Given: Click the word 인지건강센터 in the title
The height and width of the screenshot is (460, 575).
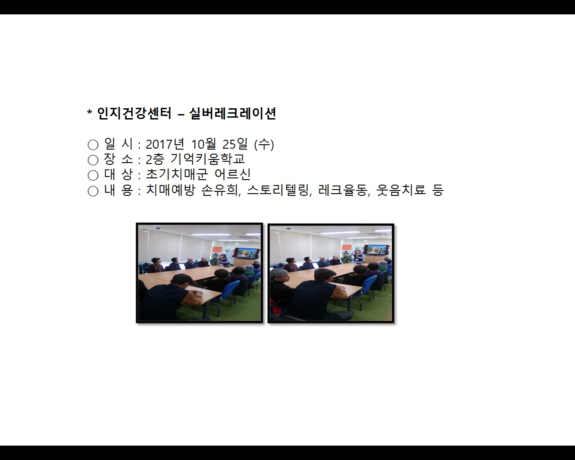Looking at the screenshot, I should click(134, 114).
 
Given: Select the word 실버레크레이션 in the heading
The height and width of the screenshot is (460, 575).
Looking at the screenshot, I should click(233, 114).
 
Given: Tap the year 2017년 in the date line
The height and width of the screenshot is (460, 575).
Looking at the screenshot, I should click(165, 144).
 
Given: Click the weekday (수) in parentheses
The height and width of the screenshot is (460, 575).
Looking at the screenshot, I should click(264, 144).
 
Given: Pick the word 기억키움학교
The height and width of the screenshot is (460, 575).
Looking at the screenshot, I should click(208, 159).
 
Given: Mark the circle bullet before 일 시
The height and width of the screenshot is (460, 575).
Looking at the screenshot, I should click(93, 145).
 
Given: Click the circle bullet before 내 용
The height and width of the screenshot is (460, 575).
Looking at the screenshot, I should click(93, 191).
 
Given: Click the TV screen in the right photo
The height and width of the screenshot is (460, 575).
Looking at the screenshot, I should click(376, 249).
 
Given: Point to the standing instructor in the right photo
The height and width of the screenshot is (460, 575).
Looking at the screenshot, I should click(358, 258).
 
